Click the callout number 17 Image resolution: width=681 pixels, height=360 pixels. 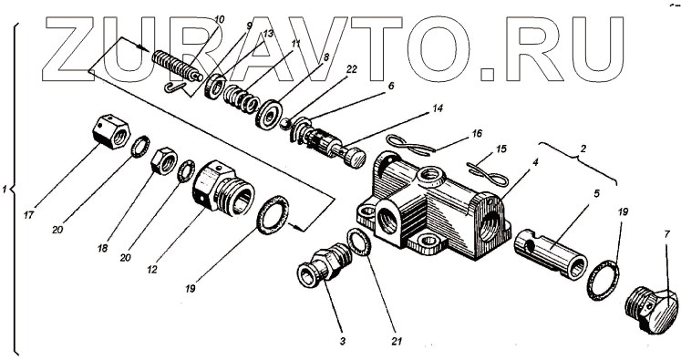[28, 214]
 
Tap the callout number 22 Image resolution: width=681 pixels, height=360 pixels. [351, 69]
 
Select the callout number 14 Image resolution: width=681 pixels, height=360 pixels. [438, 108]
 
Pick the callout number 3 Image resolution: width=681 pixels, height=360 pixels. [342, 342]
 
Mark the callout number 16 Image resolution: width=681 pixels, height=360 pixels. [477, 134]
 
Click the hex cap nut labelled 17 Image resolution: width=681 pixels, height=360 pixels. [111, 132]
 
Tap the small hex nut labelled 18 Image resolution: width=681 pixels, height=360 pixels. [163, 160]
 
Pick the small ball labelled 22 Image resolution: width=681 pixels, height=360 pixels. [284, 124]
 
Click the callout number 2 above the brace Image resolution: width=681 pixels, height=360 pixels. [583, 149]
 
